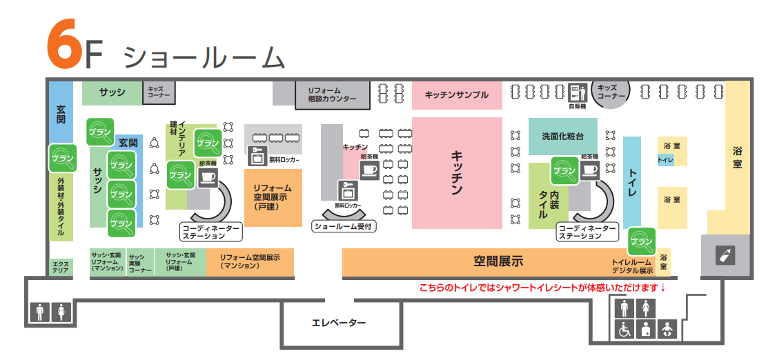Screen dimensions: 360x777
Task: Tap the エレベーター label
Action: [x=338, y=323]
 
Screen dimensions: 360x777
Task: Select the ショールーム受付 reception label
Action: [x=343, y=226]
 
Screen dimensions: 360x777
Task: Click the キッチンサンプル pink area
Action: [x=456, y=95]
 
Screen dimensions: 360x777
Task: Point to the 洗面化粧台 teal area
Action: [x=562, y=136]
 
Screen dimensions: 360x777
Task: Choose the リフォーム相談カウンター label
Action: [x=332, y=95]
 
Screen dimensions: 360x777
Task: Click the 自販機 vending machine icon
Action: [x=577, y=93]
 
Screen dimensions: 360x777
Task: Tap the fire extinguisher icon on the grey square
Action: [x=725, y=255]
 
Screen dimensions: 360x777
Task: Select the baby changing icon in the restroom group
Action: [x=667, y=330]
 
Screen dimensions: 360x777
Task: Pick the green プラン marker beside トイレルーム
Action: [x=641, y=241]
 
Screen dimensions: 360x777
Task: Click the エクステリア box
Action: [x=61, y=266]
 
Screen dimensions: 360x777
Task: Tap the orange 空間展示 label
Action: [x=498, y=261]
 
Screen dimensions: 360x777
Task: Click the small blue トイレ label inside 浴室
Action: [x=665, y=160]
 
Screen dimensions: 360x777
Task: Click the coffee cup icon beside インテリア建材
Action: [x=207, y=177]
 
